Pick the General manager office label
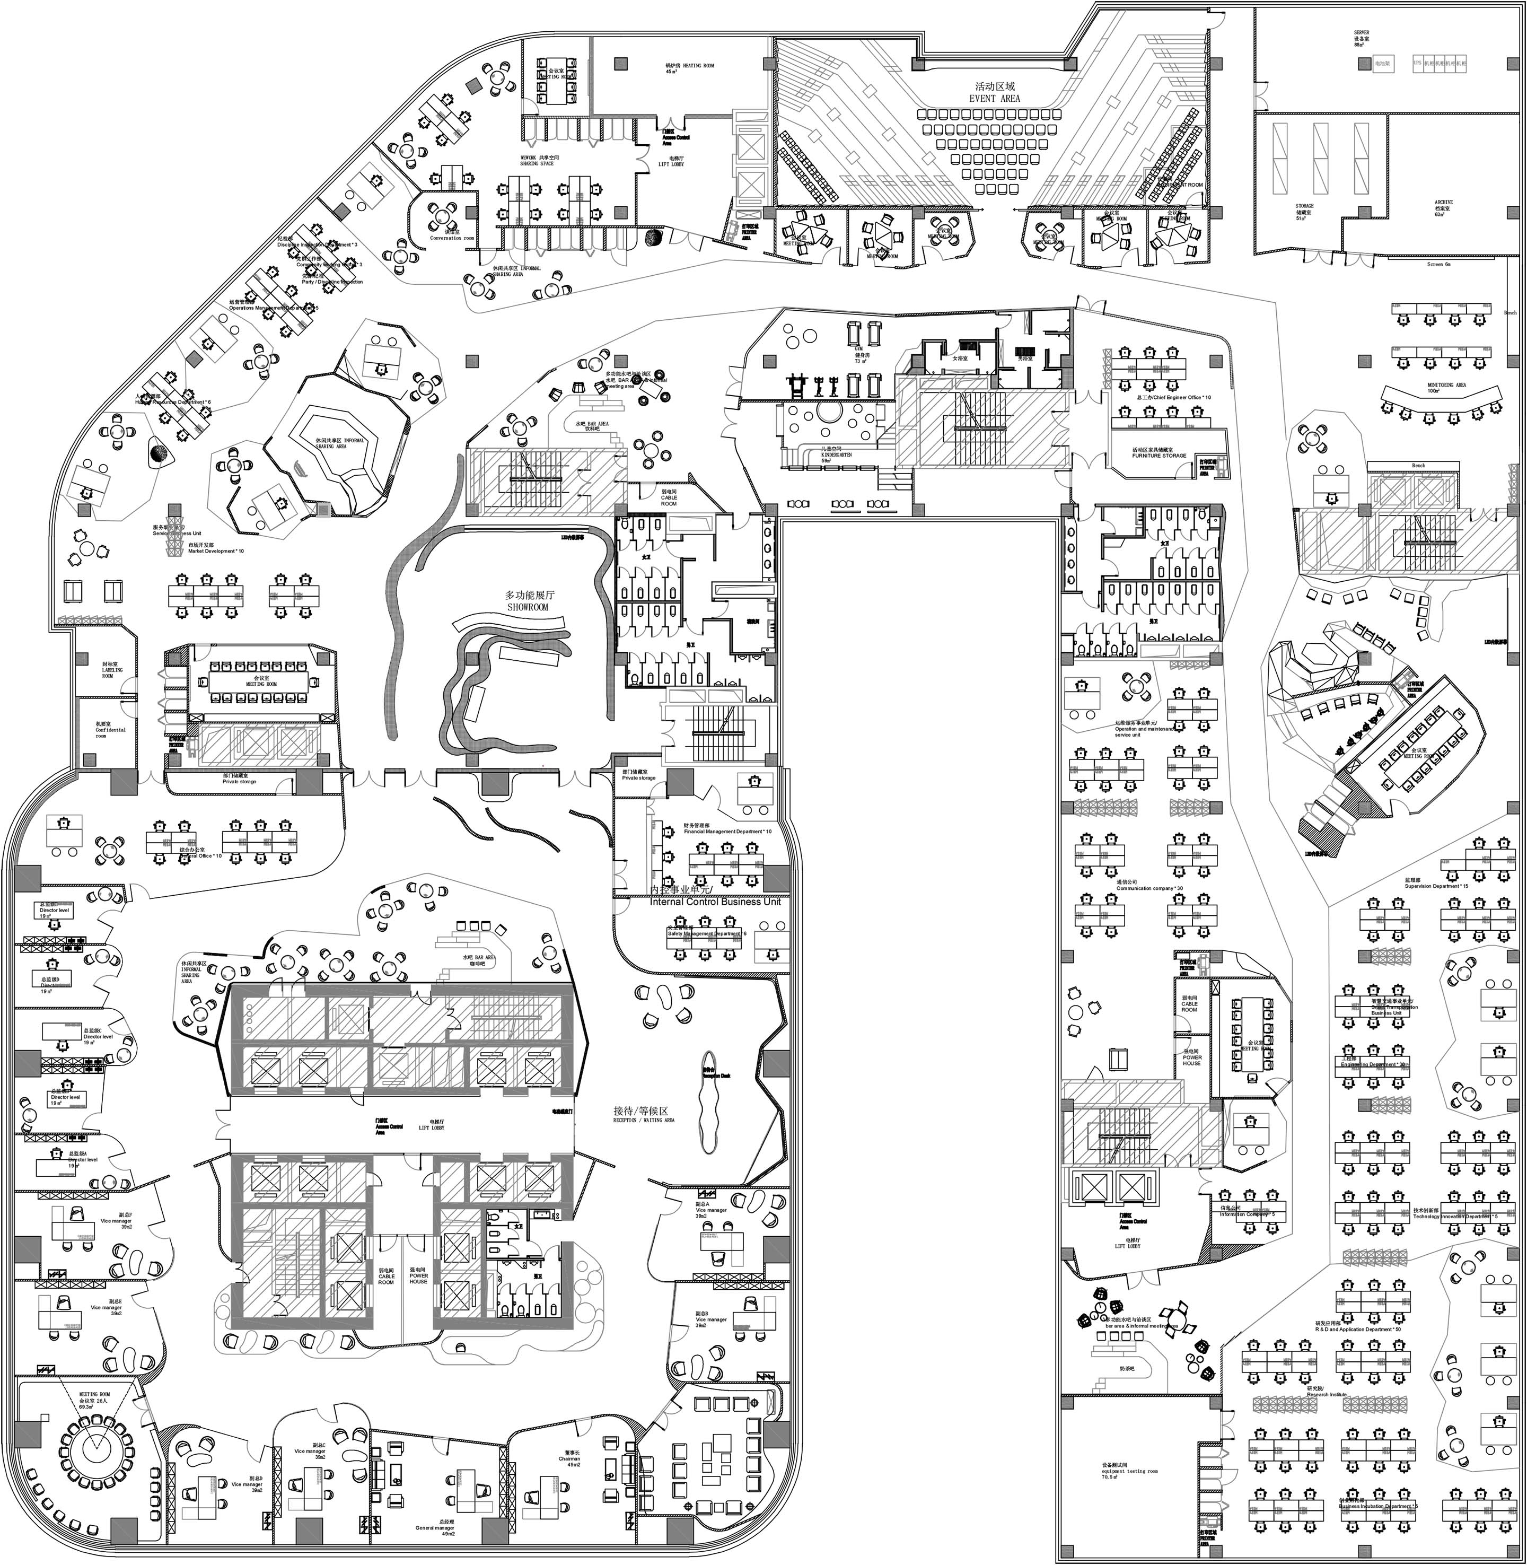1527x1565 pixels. click(x=435, y=1528)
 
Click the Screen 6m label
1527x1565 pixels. click(x=1440, y=264)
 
